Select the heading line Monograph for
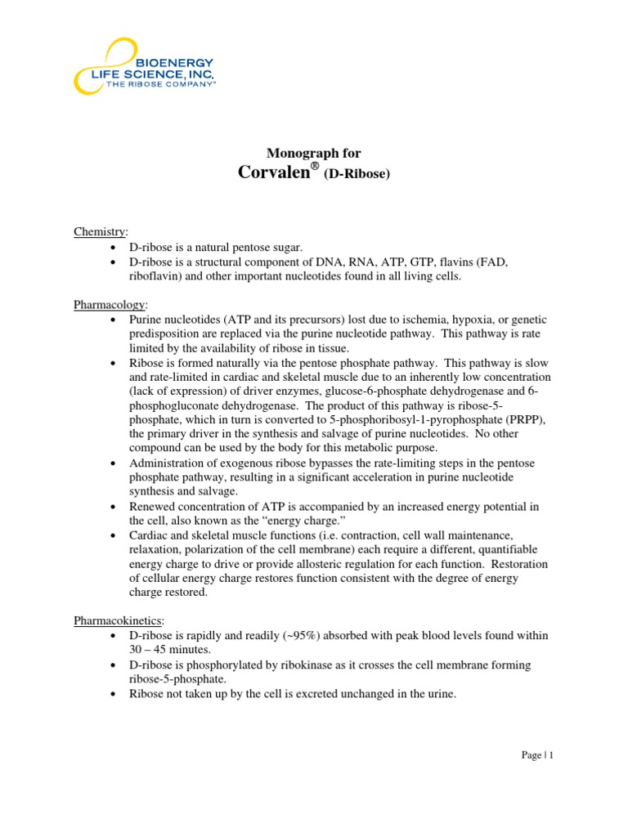pyautogui.click(x=314, y=153)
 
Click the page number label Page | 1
pyautogui.click(x=537, y=755)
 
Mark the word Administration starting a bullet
pyautogui.click(x=168, y=463)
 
